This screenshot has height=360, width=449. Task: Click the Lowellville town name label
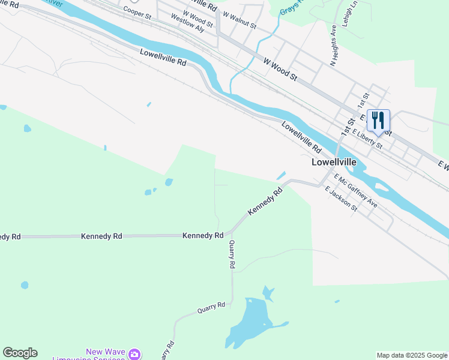[x=334, y=162]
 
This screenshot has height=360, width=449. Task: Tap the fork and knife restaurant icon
[x=378, y=119]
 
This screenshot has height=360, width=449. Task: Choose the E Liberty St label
[x=367, y=138]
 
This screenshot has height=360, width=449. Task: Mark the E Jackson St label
[x=341, y=199]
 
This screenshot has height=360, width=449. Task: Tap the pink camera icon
[x=136, y=355]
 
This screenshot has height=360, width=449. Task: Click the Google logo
[x=20, y=353]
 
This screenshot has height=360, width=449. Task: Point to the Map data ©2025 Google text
[x=412, y=355]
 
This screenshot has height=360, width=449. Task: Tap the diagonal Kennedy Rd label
[x=265, y=203]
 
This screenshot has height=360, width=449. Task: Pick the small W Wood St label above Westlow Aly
[x=197, y=18]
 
